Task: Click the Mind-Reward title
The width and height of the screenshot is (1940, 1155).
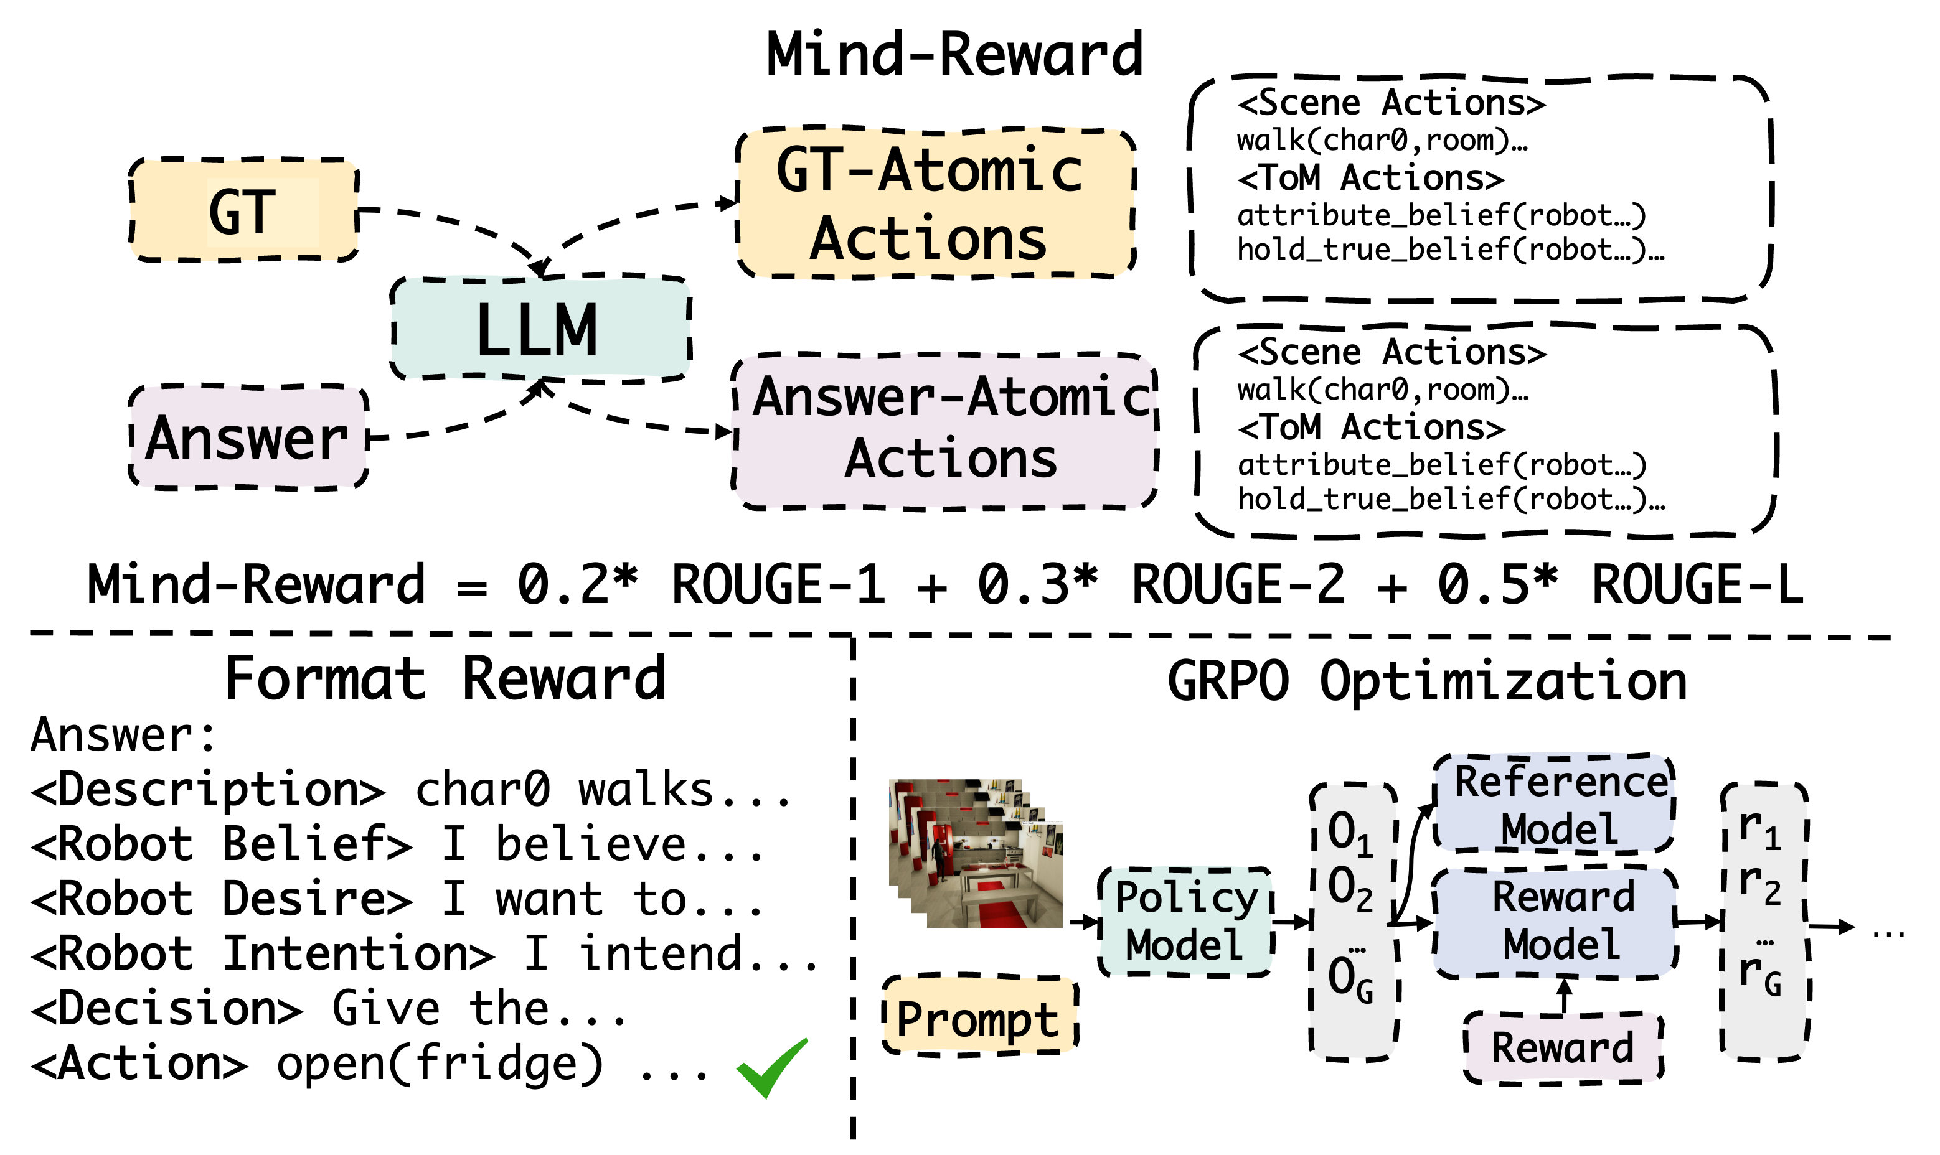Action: click(x=957, y=54)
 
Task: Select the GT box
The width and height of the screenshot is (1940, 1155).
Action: click(x=243, y=210)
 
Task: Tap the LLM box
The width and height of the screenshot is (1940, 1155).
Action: click(x=540, y=329)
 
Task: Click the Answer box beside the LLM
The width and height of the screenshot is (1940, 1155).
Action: click(x=248, y=437)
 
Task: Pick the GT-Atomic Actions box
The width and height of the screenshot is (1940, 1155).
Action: click(x=934, y=203)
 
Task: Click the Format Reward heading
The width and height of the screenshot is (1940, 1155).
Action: click(x=446, y=678)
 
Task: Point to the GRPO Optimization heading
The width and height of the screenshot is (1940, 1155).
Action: click(x=1428, y=681)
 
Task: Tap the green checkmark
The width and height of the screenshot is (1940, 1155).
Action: click(x=771, y=1067)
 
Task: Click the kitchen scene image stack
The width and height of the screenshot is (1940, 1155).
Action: click(x=976, y=854)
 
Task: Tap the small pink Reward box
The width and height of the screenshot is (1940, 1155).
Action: click(x=1561, y=1047)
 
